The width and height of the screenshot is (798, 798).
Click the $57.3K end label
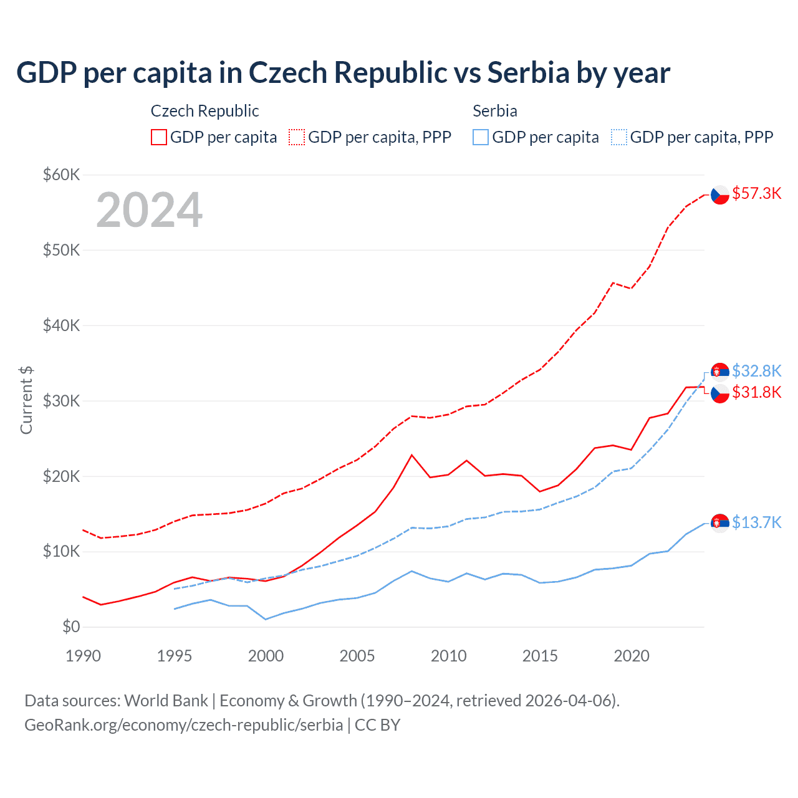click(x=756, y=194)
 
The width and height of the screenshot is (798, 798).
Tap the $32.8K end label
click(x=756, y=372)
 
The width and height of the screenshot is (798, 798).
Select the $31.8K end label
click(x=756, y=393)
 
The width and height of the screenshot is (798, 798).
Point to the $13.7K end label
click(x=756, y=522)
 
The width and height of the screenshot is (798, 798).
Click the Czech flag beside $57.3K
click(x=720, y=195)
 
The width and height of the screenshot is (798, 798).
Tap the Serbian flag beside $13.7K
click(x=720, y=522)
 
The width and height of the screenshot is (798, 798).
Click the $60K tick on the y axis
click(x=61, y=175)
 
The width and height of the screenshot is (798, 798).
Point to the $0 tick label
click(x=71, y=627)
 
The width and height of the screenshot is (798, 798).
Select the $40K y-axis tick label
click(x=61, y=325)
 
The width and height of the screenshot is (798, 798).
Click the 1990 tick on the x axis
click(x=83, y=656)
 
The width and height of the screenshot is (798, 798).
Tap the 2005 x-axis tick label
click(x=357, y=656)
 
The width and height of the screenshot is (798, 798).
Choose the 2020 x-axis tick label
click(x=632, y=656)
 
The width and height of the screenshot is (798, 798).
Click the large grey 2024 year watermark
click(x=150, y=210)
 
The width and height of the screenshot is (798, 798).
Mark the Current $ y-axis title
click(x=26, y=400)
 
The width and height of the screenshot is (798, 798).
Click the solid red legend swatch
click(x=159, y=137)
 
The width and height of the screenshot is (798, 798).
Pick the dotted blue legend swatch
click(x=619, y=137)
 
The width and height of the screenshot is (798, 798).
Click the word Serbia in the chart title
click(x=529, y=73)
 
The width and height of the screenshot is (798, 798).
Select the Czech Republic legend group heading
click(x=204, y=111)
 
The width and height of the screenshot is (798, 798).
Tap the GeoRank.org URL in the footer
click(x=184, y=725)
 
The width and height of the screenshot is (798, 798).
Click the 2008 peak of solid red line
click(x=411, y=455)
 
